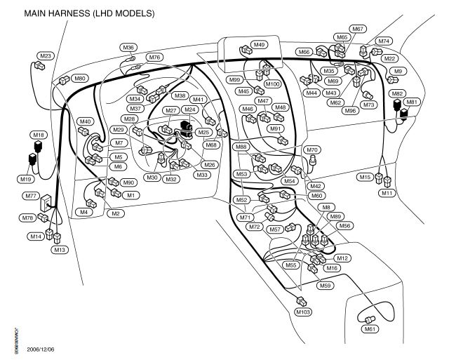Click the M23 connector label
tap(46, 55)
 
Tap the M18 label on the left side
tap(39, 134)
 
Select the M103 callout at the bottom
tap(302, 311)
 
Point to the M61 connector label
tap(369, 328)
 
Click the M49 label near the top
tap(259, 45)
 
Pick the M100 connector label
tap(273, 84)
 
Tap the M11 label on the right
tap(387, 192)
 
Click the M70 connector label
tap(313, 150)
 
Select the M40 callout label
tap(86, 122)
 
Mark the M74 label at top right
tap(384, 41)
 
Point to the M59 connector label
tap(325, 286)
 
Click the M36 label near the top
tap(128, 48)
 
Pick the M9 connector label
tap(398, 72)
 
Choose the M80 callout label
tap(80, 79)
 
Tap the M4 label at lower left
tap(84, 212)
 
